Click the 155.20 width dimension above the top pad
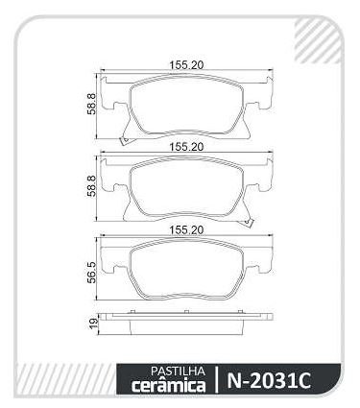[x=186, y=65]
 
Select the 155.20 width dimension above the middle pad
[x=186, y=147]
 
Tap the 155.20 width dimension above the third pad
[x=186, y=230]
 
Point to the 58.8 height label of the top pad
[x=91, y=104]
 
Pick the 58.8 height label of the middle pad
[x=91, y=186]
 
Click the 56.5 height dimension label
[x=91, y=273]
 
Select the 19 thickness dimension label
[x=93, y=324]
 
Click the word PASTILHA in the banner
[x=178, y=371]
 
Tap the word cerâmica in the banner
[x=168, y=385]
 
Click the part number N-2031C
[x=269, y=380]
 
